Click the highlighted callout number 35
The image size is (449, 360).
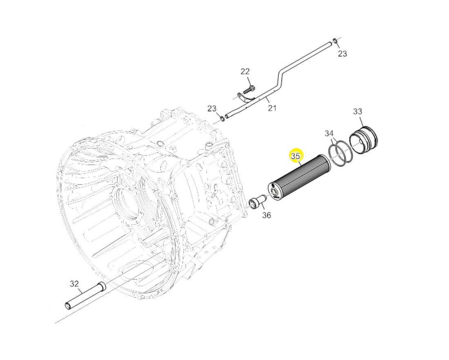pyautogui.click(x=296, y=156)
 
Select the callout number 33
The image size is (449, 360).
pyautogui.click(x=358, y=111)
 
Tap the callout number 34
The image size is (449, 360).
pyautogui.click(x=329, y=133)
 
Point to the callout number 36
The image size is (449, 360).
pyautogui.click(x=266, y=215)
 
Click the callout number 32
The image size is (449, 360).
pyautogui.click(x=74, y=284)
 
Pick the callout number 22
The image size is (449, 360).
pyautogui.click(x=245, y=71)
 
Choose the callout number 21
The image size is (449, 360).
pyautogui.click(x=272, y=108)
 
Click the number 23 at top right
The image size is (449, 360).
pyautogui.click(x=342, y=53)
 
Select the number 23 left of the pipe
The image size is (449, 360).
pyautogui.click(x=212, y=108)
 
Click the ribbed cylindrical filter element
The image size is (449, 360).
pyautogui.click(x=298, y=178)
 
